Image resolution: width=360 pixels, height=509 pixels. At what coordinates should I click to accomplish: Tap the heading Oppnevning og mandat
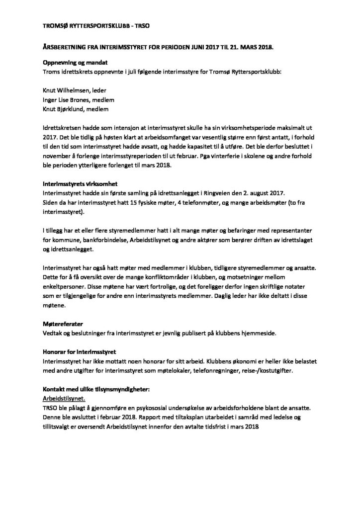(x=75, y=63)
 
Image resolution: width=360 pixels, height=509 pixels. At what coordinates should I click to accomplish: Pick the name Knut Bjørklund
(x=62, y=109)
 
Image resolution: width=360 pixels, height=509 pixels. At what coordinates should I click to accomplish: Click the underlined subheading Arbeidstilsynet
(x=64, y=398)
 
